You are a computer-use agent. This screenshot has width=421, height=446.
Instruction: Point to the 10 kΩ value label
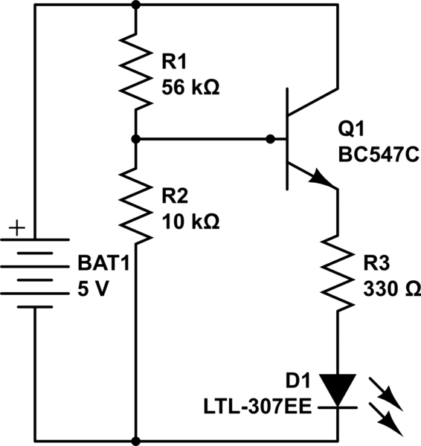click(x=190, y=221)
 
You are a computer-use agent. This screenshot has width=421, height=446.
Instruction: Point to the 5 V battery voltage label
click(x=94, y=289)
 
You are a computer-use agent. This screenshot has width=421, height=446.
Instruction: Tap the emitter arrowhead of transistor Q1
click(x=322, y=180)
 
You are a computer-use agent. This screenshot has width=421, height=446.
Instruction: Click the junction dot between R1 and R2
click(x=135, y=139)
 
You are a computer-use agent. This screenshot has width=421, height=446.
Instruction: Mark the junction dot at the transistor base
click(x=271, y=139)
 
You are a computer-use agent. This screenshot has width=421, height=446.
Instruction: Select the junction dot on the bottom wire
click(x=135, y=440)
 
